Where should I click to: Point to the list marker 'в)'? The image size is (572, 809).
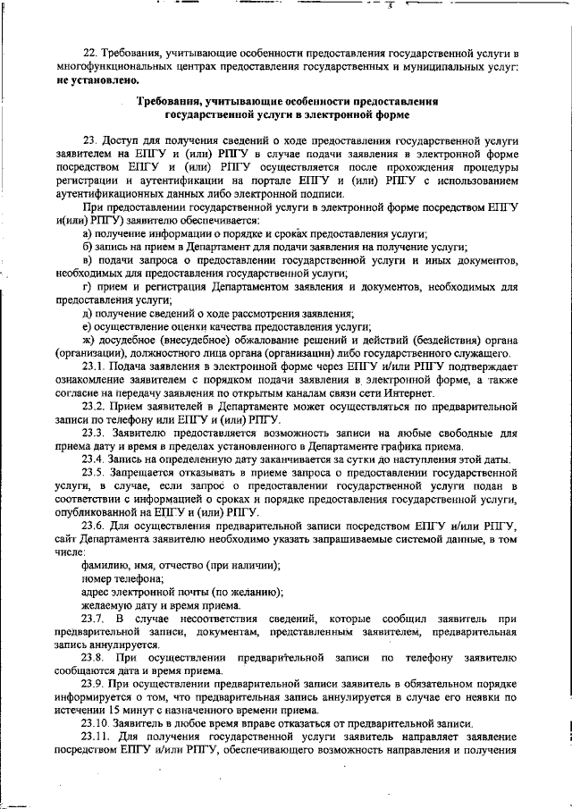point(87,259)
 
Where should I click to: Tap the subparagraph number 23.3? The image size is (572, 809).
point(95,434)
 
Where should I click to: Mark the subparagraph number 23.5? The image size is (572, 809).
point(95,473)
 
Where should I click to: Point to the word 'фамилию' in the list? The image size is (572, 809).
point(105,565)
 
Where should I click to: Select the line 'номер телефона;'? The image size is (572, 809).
point(116,578)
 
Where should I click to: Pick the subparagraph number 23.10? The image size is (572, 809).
point(97,722)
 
